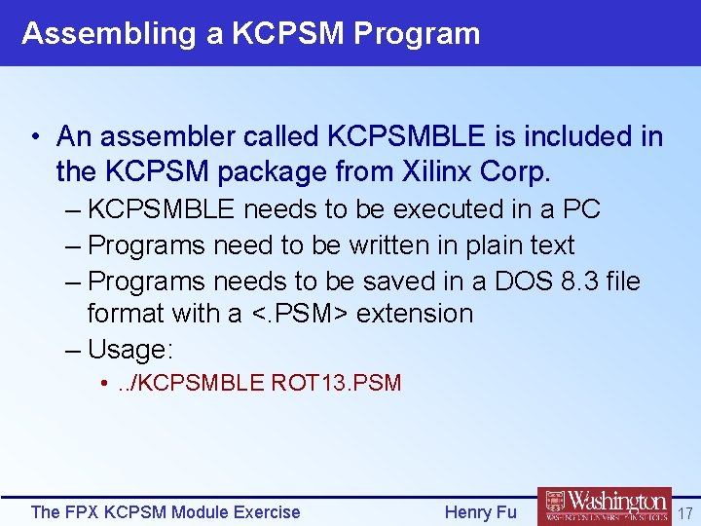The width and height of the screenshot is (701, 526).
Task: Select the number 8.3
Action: tap(572, 282)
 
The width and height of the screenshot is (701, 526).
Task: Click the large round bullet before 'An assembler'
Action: tap(35, 137)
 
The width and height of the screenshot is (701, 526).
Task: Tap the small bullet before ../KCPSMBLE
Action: tap(103, 383)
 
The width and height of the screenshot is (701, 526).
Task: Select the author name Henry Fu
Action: tap(480, 511)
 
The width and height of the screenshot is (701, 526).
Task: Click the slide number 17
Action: tap(684, 511)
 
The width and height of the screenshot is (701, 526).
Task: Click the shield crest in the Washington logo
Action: tap(555, 504)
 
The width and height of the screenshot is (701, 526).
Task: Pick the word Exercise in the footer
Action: tap(264, 511)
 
